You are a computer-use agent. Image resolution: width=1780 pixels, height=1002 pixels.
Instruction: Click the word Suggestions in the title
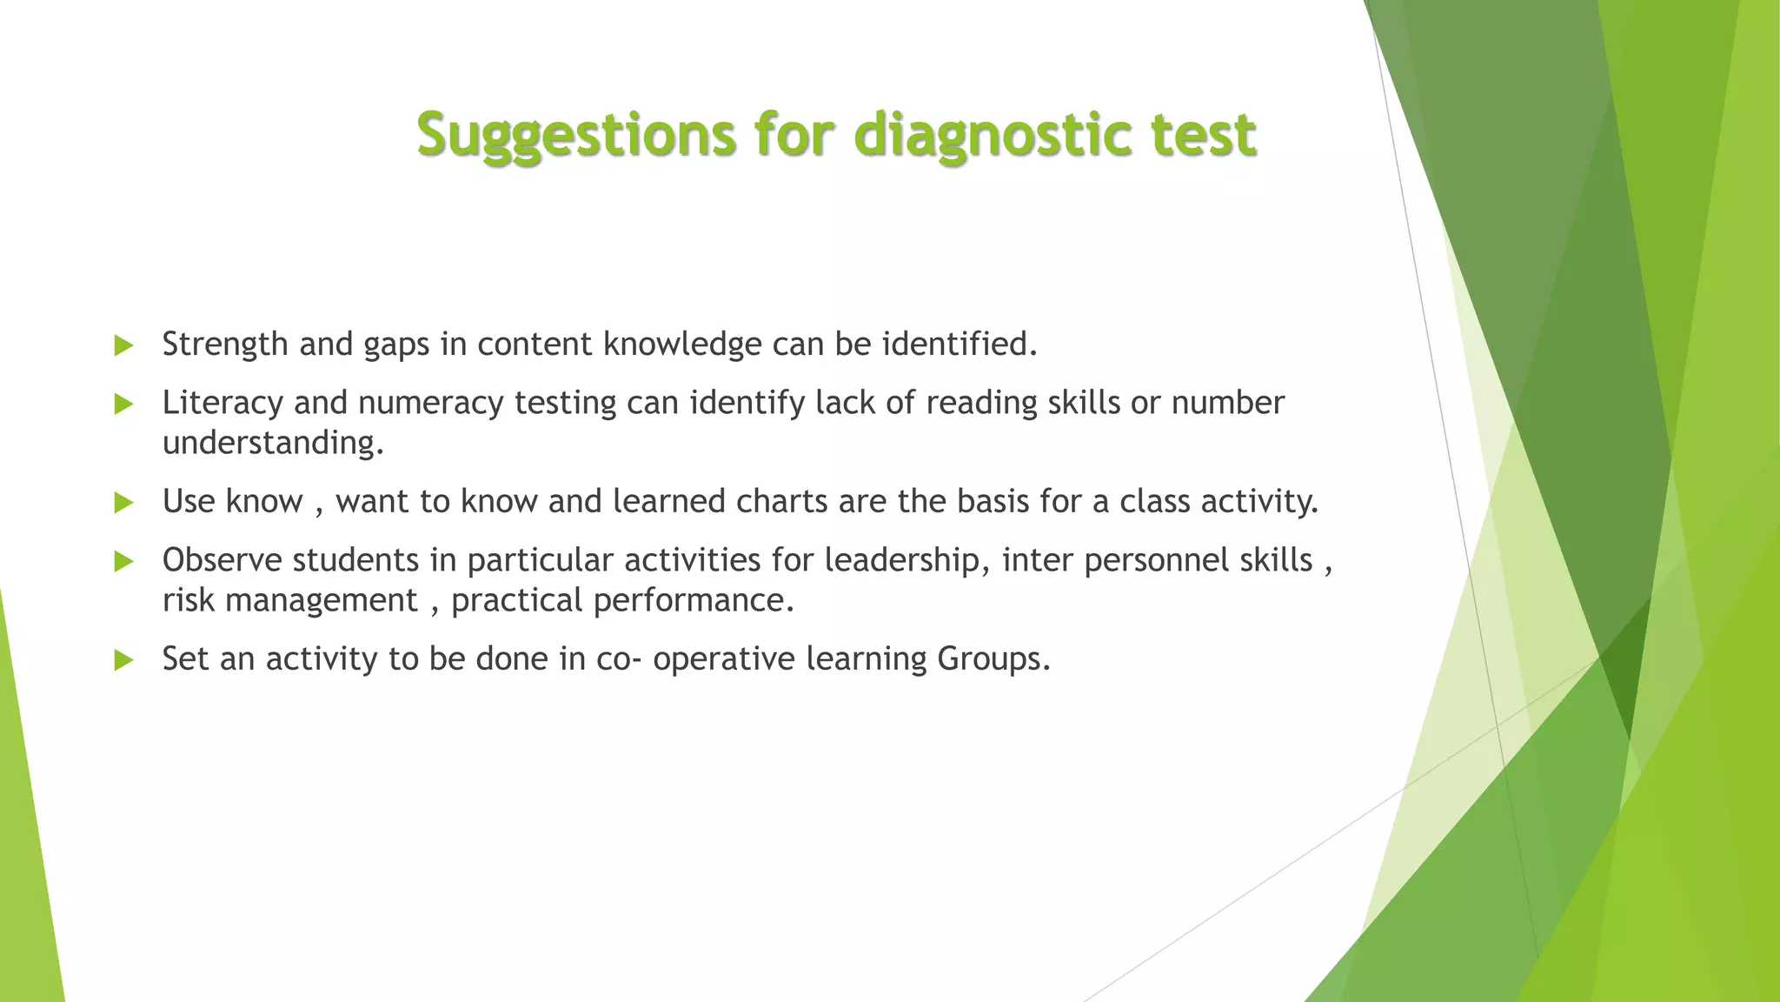coord(576,135)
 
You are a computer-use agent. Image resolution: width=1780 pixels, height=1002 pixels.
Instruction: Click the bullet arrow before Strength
coord(123,346)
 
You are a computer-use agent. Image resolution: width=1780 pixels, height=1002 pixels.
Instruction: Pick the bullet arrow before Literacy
coord(123,404)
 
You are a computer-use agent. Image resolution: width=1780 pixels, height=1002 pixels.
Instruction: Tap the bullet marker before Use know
coord(123,503)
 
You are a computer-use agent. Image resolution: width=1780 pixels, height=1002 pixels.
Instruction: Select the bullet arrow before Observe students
coord(123,562)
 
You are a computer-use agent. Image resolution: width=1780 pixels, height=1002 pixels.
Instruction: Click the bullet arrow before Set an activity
coord(123,661)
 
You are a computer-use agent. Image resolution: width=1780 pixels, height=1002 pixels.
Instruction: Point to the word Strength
coord(225,345)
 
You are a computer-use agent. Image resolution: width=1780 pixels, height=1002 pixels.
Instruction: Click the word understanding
coord(272,444)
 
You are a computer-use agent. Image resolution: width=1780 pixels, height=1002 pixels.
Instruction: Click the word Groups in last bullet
coord(993,659)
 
